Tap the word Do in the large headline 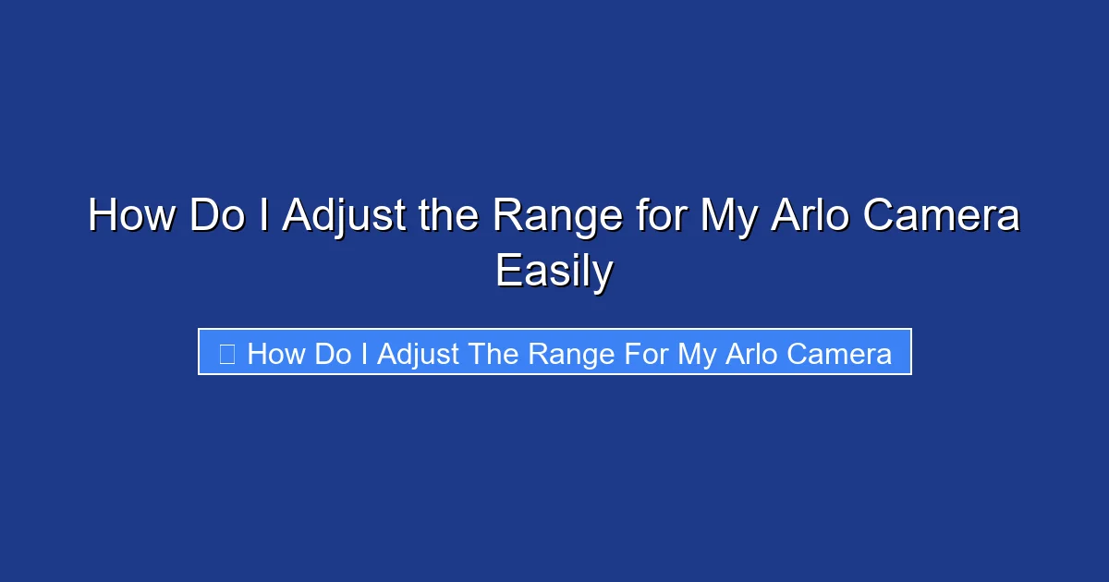(218, 216)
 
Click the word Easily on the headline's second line (554, 273)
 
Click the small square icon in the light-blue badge (227, 353)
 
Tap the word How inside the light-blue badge (276, 354)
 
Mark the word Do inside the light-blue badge (333, 354)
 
